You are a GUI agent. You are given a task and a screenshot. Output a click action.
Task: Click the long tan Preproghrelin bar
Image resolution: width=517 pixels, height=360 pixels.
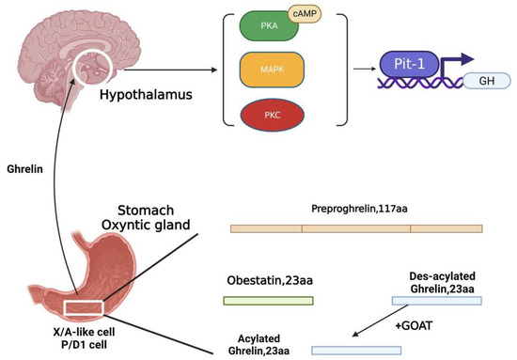point(356,228)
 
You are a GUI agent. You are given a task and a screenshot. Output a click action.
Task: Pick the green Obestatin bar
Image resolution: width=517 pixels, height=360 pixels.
point(268,301)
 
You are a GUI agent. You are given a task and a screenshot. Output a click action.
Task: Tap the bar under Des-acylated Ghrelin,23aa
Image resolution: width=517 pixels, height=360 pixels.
point(436,301)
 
